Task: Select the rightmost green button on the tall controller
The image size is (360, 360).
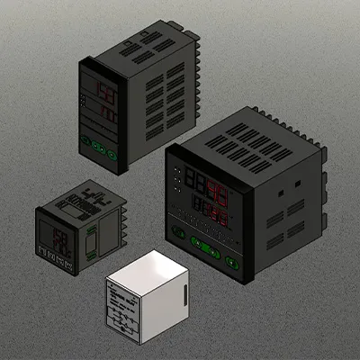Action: pos(112,154)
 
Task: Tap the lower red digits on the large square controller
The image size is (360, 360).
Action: pos(213,216)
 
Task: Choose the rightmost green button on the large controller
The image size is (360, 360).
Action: pos(231,262)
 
